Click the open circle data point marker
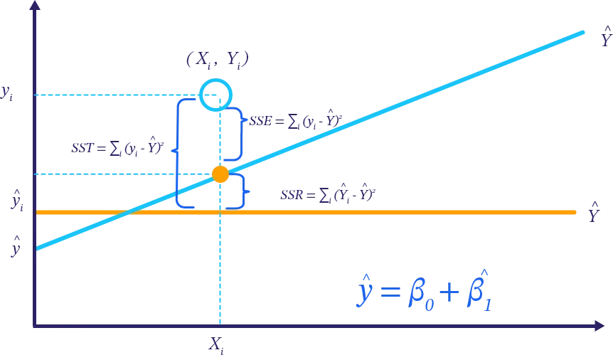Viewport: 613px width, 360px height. [x=215, y=94]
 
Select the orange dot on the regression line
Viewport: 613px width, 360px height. [x=220, y=174]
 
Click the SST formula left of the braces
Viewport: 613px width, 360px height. [x=118, y=148]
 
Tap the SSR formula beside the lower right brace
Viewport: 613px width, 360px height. [x=326, y=194]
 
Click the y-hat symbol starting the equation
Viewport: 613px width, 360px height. [x=363, y=292]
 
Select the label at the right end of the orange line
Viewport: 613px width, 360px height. [x=592, y=212]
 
